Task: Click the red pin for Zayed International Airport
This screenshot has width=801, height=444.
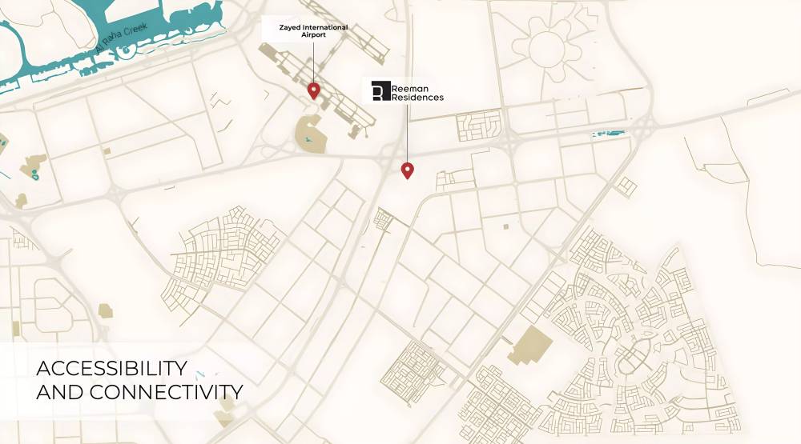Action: pyautogui.click(x=313, y=90)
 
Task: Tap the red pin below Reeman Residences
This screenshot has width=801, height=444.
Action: pyautogui.click(x=407, y=170)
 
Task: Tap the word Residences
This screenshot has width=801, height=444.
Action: pyautogui.click(x=417, y=98)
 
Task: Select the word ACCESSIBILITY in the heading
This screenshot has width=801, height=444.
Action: pyautogui.click(x=111, y=369)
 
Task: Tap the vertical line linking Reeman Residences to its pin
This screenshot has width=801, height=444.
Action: pyautogui.click(x=407, y=132)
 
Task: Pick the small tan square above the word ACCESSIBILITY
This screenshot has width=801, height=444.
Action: pyautogui.click(x=105, y=310)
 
